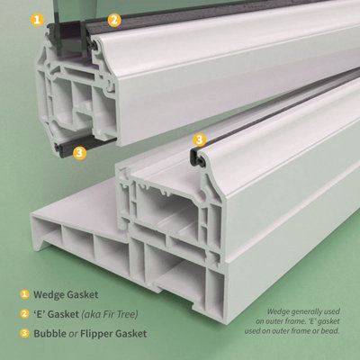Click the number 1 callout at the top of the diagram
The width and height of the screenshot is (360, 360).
click(36, 18)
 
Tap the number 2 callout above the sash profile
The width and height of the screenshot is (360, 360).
click(113, 19)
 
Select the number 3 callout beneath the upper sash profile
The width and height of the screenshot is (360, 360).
click(79, 153)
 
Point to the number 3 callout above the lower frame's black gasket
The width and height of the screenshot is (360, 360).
click(200, 139)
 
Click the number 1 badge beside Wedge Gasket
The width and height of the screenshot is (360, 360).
click(24, 293)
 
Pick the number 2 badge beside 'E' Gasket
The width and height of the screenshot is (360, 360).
click(24, 313)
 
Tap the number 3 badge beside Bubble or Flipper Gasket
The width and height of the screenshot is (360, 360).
click(24, 333)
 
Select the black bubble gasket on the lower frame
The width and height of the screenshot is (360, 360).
click(197, 160)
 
